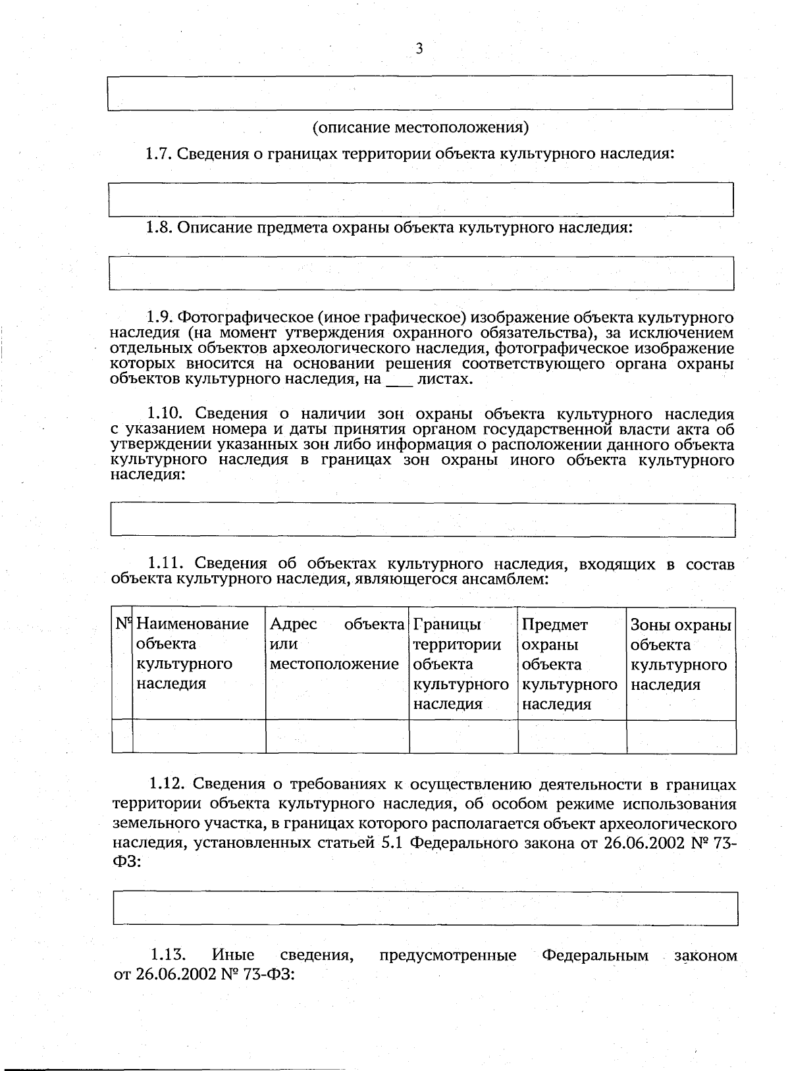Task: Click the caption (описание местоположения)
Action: (x=421, y=126)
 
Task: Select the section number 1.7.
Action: (x=159, y=154)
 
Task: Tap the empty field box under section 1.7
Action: (x=421, y=199)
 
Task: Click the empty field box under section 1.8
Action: (x=421, y=273)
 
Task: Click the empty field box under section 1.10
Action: (x=422, y=521)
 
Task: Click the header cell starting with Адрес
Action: (x=337, y=643)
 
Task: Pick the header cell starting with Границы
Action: (x=462, y=663)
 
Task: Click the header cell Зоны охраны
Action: (x=680, y=654)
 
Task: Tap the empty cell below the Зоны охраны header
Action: (x=681, y=737)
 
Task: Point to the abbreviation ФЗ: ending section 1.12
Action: (x=126, y=862)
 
